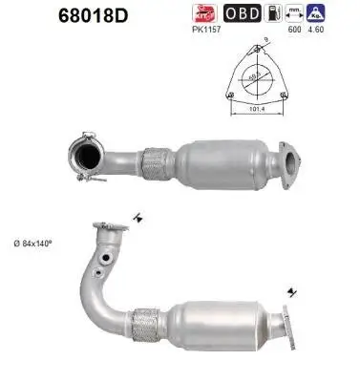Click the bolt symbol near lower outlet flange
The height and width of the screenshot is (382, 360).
(x=287, y=291)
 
